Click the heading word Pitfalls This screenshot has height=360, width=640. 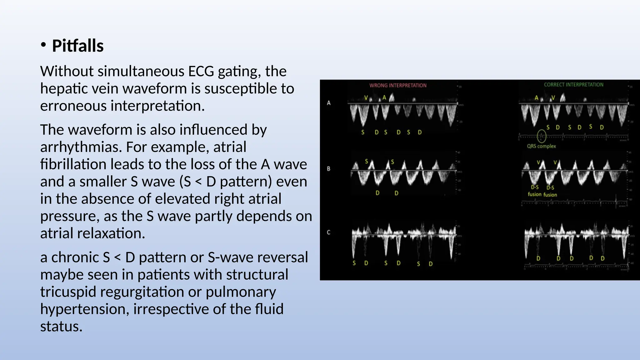pyautogui.click(x=77, y=46)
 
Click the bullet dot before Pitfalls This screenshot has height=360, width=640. pyautogui.click(x=43, y=45)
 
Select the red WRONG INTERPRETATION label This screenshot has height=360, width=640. pyautogui.click(x=397, y=85)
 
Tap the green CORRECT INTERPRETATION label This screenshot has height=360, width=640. pyautogui.click(x=573, y=85)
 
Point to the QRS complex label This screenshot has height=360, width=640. pyautogui.click(x=541, y=146)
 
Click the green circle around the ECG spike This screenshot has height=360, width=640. pyautogui.click(x=542, y=136)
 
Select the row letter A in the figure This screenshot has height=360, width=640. pyautogui.click(x=329, y=103)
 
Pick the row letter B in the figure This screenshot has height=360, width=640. pyautogui.click(x=329, y=169)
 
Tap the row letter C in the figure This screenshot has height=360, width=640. pyautogui.click(x=328, y=232)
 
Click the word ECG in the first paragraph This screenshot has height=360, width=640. pyautogui.click(x=201, y=71)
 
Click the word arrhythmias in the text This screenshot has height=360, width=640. pyautogui.click(x=81, y=147)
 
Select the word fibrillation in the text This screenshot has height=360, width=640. pyautogui.click(x=73, y=164)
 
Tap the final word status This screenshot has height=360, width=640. pyautogui.click(x=61, y=326)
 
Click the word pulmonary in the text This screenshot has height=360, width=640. pyautogui.click(x=241, y=292)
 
